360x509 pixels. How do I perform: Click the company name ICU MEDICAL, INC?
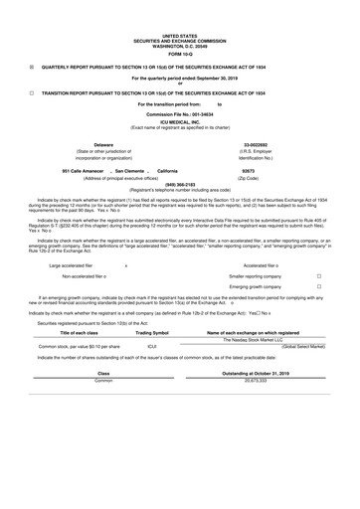(x=180, y=122)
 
